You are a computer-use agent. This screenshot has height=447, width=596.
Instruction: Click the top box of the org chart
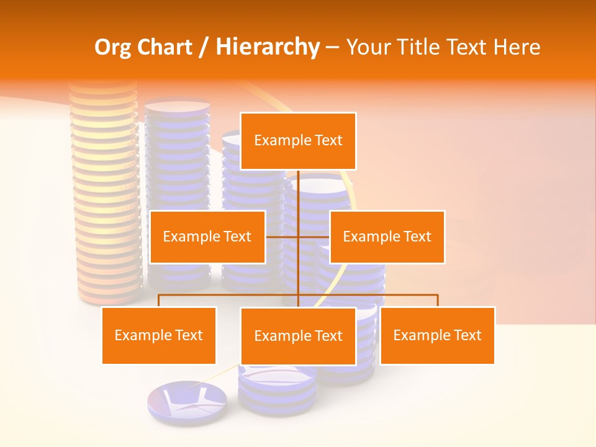298,141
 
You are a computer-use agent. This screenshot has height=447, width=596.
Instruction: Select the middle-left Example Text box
207,237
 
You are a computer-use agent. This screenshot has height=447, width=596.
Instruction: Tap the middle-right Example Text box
387,237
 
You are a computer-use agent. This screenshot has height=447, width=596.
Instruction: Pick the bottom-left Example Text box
159,335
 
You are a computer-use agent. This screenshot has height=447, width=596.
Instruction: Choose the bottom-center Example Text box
298,336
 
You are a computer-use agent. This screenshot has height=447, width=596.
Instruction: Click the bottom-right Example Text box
437,335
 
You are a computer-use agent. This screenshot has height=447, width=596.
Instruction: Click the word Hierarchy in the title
268,47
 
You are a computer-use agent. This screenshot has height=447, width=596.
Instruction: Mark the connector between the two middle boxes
298,237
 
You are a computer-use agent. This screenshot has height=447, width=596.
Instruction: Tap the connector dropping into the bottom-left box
159,300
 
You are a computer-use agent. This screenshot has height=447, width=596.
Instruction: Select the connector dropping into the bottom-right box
437,300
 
